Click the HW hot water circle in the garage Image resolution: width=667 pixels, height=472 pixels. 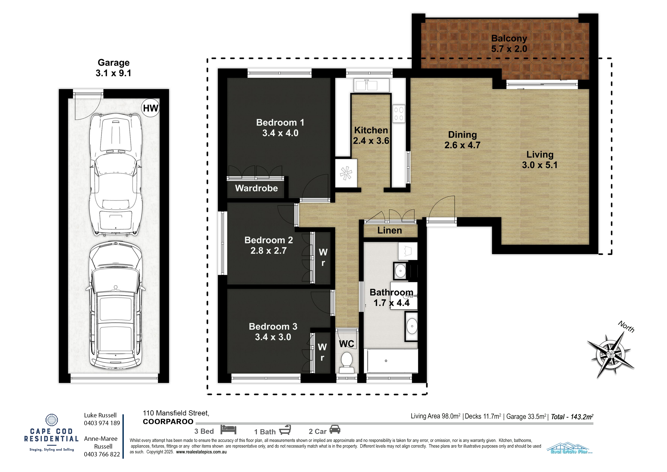click(x=150, y=108)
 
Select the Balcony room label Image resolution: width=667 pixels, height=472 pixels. click(x=509, y=38)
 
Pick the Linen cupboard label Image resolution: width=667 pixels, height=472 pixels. click(x=390, y=230)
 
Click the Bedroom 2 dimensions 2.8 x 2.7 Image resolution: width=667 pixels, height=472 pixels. click(x=268, y=250)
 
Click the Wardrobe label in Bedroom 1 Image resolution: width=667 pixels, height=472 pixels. click(x=256, y=188)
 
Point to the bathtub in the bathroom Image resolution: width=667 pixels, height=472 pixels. click(x=391, y=361)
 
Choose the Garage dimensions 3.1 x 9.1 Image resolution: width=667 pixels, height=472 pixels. click(x=113, y=73)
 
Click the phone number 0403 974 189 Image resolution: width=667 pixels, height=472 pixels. click(x=102, y=423)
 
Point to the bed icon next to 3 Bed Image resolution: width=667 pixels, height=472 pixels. click(x=228, y=430)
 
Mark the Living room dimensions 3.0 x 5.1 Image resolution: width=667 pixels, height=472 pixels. click(x=540, y=165)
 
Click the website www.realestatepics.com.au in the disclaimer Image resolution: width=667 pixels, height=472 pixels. click(x=201, y=452)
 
